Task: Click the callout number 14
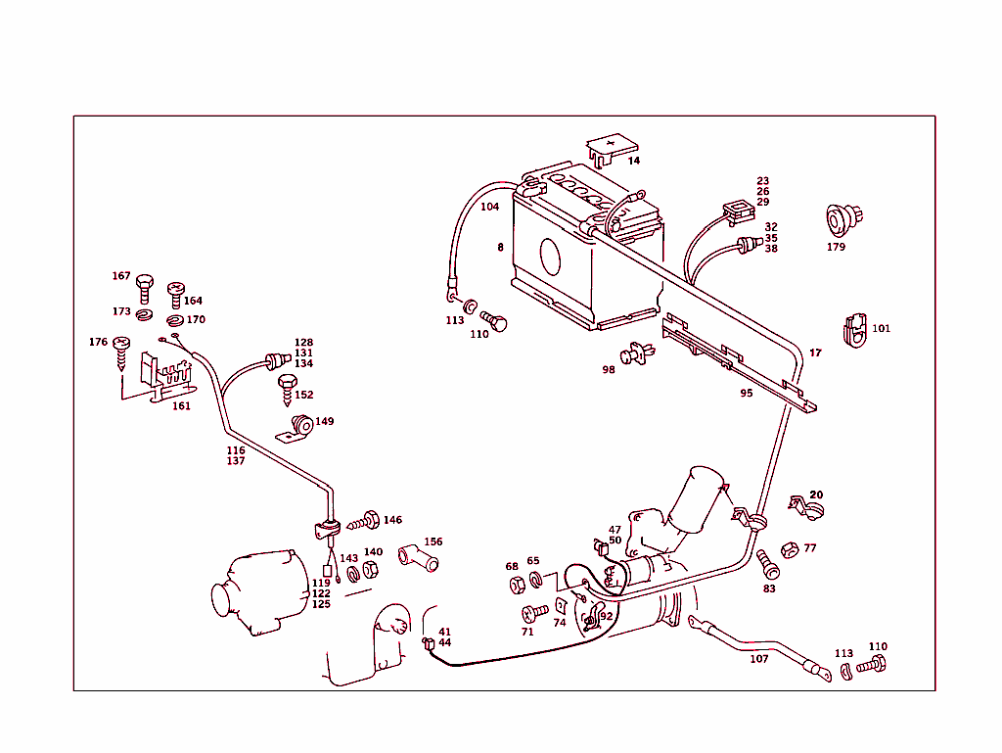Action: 634,161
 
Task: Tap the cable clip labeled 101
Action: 853,330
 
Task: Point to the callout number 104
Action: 489,208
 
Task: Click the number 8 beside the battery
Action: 500,248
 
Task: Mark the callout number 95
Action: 747,393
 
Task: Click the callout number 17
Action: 815,353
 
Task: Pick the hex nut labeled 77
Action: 789,549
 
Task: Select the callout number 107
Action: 759,659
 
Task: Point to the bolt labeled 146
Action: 369,520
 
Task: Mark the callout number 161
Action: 182,405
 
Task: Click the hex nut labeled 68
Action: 517,586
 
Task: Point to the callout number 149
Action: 324,422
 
